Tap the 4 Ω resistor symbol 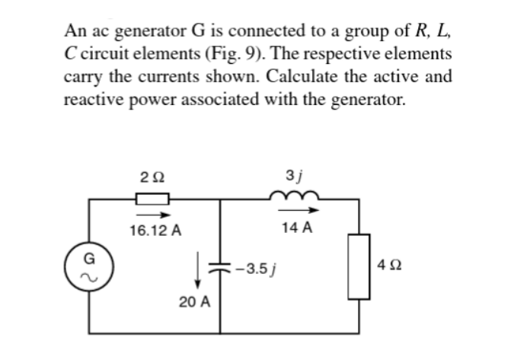point(359,266)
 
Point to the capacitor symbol point(221,268)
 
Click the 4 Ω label point(387,267)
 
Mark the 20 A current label point(195,301)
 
